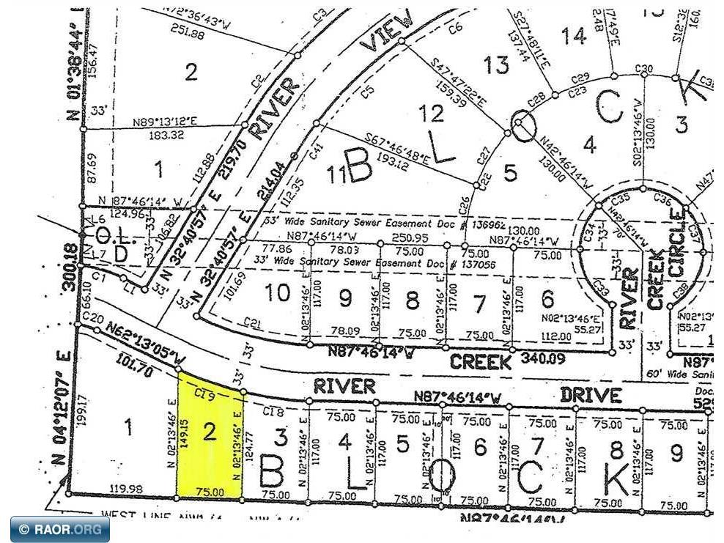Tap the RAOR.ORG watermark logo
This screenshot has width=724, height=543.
point(60,529)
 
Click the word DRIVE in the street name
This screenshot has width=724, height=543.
point(591,395)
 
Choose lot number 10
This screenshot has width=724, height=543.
point(278,293)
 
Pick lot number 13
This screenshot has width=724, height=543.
point(496,65)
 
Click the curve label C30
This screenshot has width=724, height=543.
point(643,69)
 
